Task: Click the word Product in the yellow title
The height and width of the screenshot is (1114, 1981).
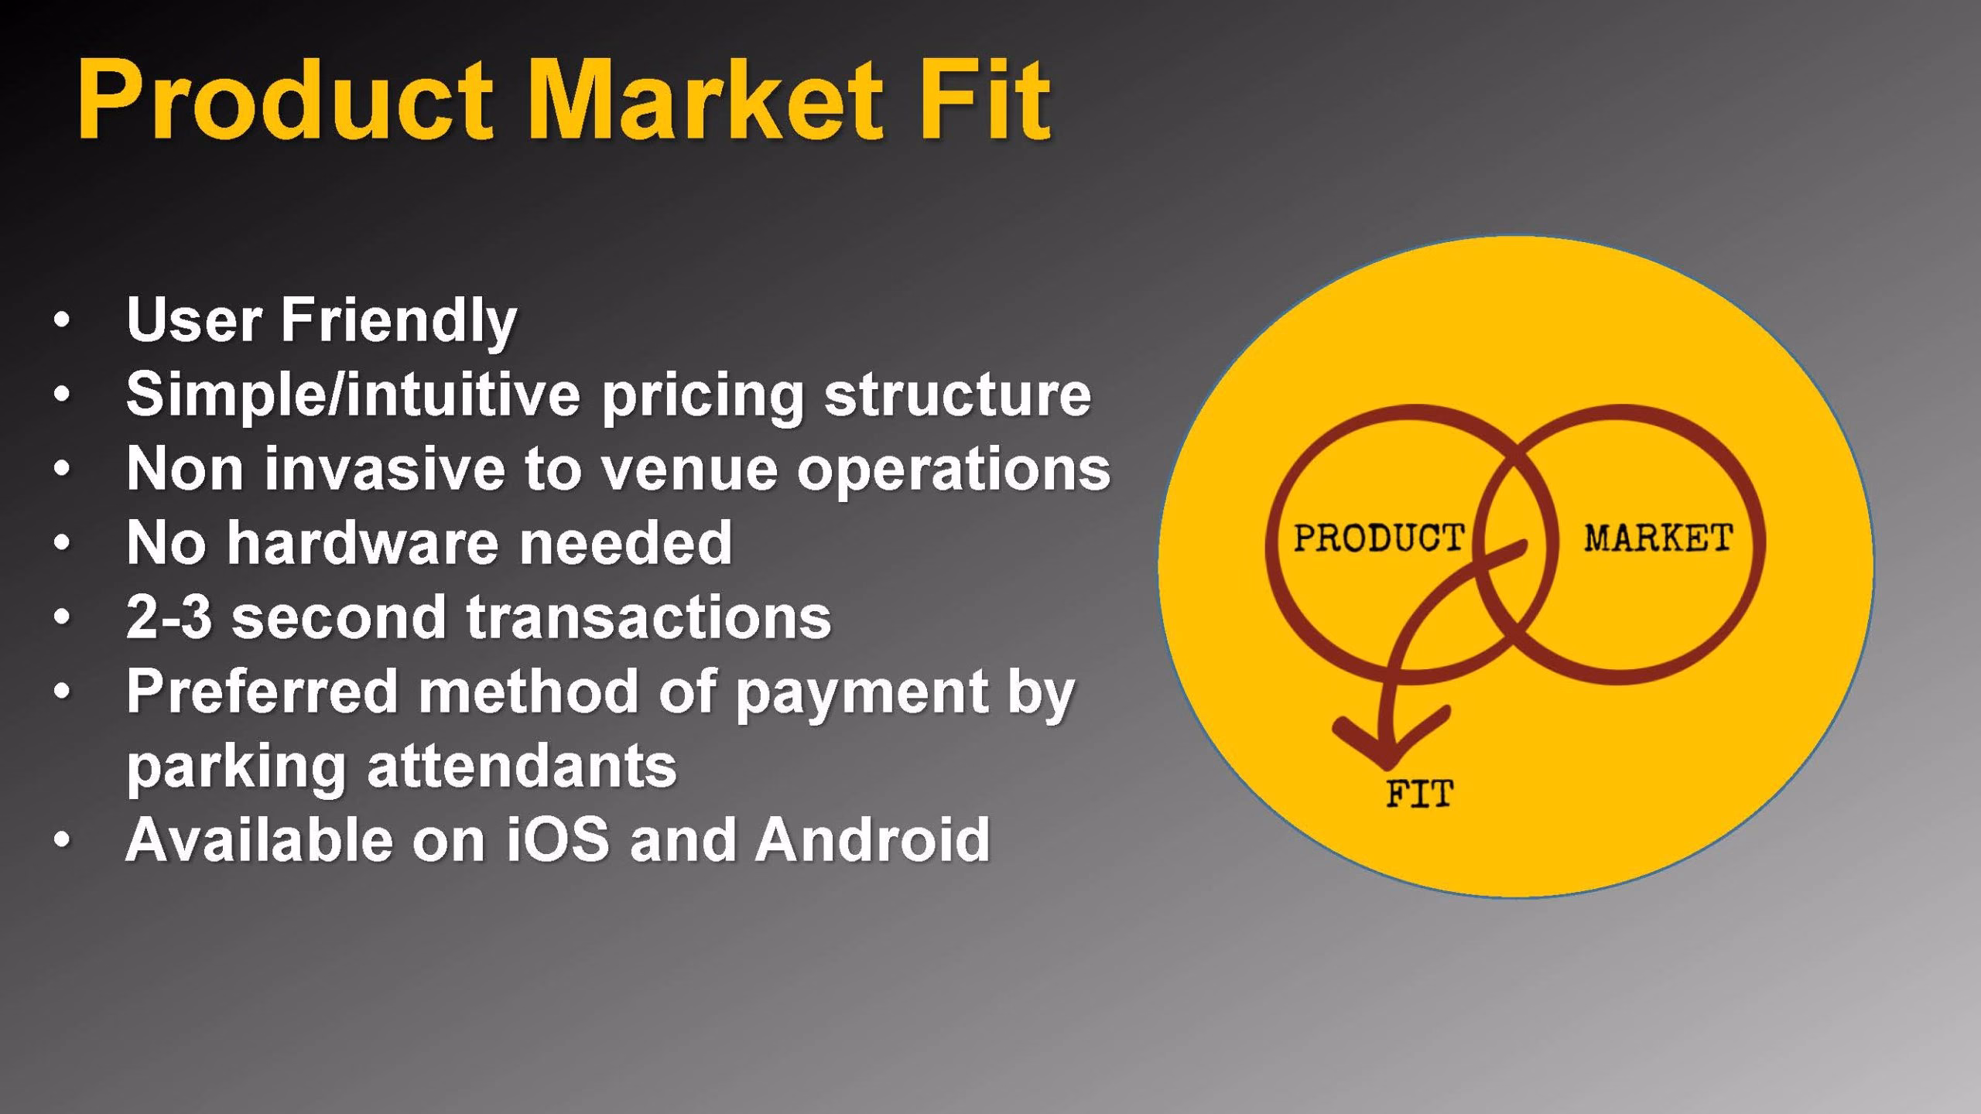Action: (285, 103)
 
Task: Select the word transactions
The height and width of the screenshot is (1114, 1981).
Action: (648, 617)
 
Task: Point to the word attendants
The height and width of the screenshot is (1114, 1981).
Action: (522, 765)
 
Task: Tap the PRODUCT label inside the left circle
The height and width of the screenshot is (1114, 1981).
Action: (1379, 538)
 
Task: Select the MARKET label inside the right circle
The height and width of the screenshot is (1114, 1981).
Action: (1658, 538)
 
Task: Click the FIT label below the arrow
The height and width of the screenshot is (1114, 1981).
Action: (1419, 794)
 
